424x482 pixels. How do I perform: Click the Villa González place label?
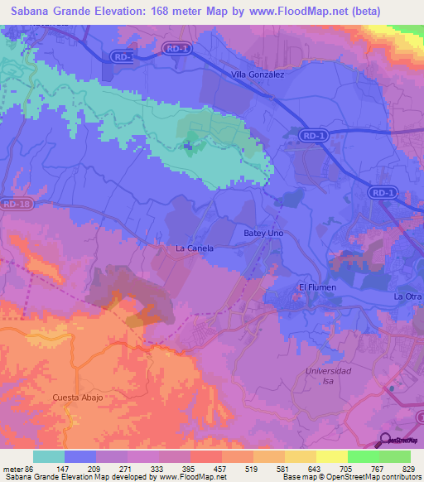(257, 75)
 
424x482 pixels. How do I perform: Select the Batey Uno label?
(263, 234)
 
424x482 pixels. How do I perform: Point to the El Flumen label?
(315, 287)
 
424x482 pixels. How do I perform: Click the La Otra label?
(407, 296)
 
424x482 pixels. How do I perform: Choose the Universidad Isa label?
(329, 376)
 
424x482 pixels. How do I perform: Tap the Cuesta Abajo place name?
(77, 398)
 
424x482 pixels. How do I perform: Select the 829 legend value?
(410, 468)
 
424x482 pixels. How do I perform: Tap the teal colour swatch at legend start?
(48, 456)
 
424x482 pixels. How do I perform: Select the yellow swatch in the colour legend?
(331, 456)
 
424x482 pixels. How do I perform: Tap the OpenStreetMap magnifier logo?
(386, 440)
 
